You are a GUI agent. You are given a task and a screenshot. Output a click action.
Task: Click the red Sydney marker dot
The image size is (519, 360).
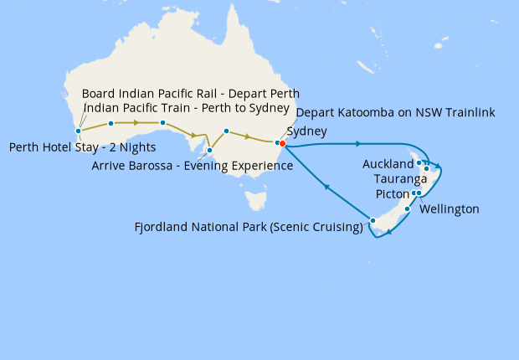click(283, 143)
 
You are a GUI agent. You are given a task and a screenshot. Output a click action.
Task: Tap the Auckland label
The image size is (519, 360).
click(388, 164)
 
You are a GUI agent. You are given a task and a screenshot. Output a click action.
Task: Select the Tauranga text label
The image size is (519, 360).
click(401, 179)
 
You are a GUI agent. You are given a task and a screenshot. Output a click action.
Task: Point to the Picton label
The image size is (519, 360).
click(393, 193)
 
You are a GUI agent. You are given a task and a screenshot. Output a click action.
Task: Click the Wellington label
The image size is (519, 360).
click(449, 209)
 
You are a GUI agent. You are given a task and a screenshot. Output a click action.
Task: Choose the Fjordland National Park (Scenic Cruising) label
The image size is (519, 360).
click(249, 227)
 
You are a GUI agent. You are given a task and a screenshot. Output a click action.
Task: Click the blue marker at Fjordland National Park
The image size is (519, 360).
click(373, 221)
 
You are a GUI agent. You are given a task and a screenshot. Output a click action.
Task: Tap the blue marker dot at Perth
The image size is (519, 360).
click(78, 131)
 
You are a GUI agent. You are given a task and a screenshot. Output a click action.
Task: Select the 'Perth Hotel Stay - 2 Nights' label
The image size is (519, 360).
click(82, 147)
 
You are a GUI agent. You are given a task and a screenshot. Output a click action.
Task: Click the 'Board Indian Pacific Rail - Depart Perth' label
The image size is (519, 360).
click(190, 93)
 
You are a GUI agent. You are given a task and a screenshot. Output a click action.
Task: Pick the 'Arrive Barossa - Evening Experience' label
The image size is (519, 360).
click(192, 166)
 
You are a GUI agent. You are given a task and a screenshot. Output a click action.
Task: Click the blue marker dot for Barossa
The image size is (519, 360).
click(209, 151)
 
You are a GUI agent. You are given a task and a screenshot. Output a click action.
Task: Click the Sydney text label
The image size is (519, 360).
click(306, 131)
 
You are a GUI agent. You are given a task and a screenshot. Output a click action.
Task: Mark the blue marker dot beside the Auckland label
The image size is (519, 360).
click(419, 162)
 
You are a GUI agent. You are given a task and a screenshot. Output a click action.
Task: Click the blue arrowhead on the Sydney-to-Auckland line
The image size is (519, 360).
click(357, 144)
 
